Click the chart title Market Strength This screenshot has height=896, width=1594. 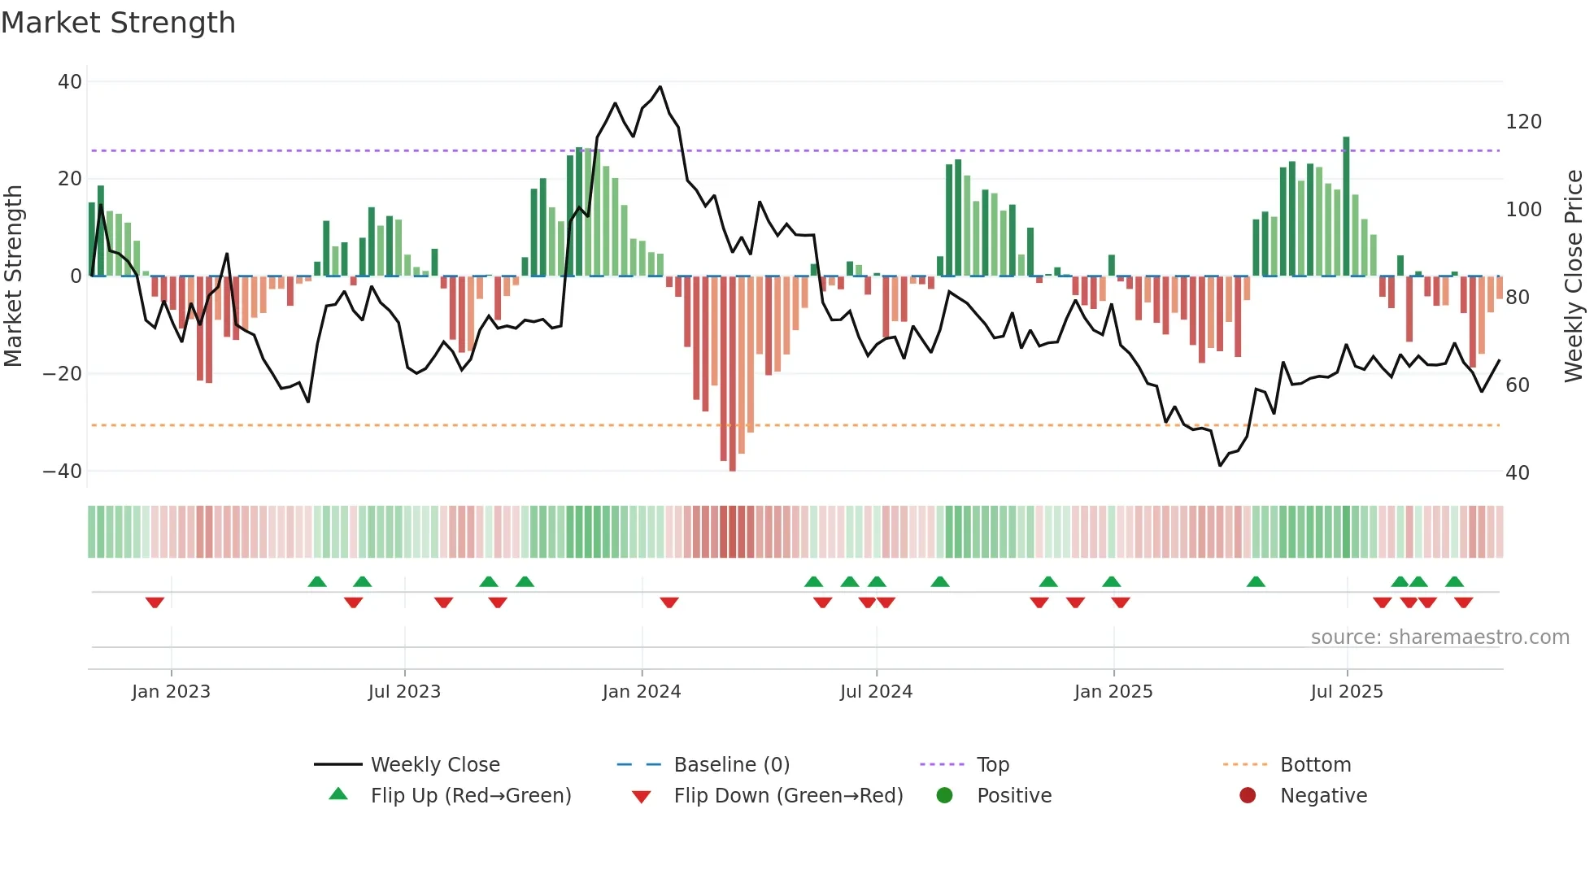point(118,23)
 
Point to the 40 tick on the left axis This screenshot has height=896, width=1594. point(70,82)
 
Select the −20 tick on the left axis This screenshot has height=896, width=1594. point(63,374)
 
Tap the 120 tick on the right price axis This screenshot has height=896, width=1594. point(1523,122)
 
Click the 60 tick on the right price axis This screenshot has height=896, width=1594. point(1518,385)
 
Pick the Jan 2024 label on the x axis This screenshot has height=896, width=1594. point(642,692)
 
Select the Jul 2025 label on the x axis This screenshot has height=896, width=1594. point(1347,692)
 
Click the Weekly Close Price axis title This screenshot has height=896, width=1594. point(1574,276)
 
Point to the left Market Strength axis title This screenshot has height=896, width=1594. point(14,276)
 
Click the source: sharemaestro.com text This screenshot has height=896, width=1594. point(1439,637)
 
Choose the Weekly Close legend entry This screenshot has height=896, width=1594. point(435,765)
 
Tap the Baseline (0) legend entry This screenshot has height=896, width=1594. point(731,765)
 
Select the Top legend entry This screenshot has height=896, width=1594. point(992,765)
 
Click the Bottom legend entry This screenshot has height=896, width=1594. point(1315,765)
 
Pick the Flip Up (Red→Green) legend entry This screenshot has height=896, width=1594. point(471,796)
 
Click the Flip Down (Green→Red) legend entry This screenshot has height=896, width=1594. point(788,796)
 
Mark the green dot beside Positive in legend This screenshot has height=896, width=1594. point(944,796)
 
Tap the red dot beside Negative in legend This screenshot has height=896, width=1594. point(1248,796)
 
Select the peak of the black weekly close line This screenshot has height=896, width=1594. point(660,87)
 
